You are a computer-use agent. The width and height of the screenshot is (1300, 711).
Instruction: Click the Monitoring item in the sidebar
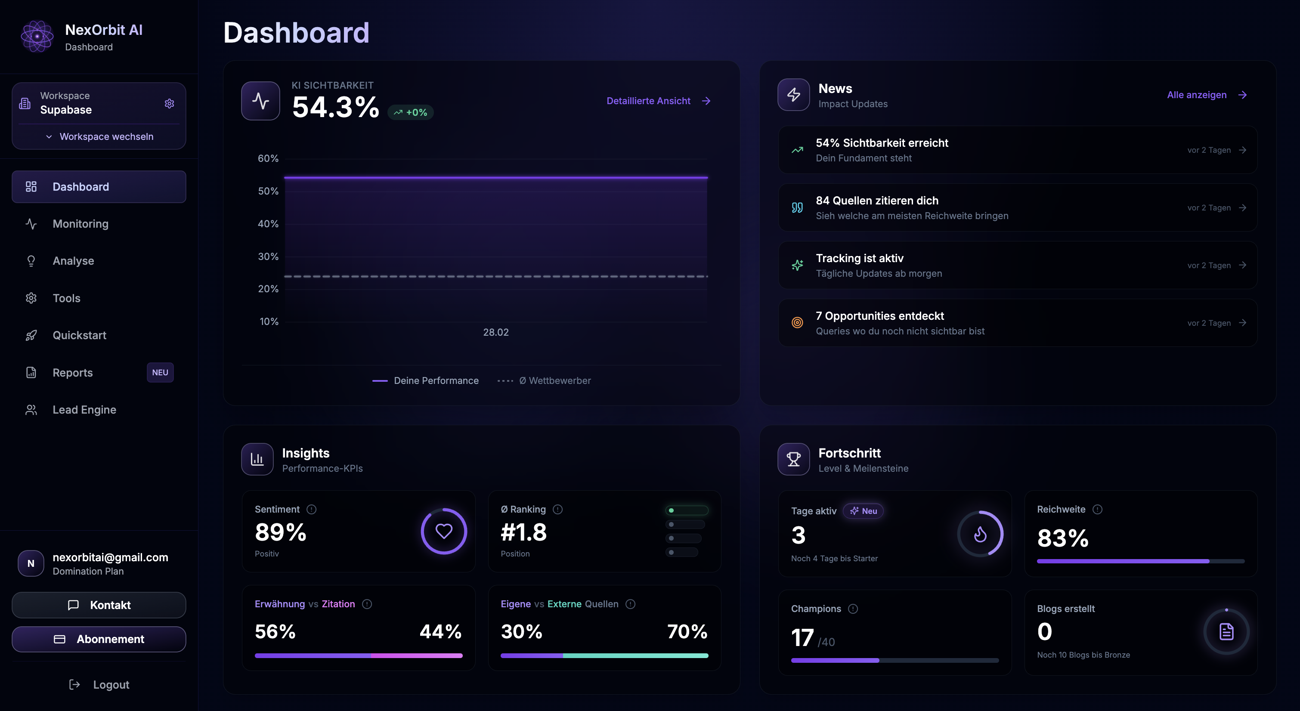(80, 223)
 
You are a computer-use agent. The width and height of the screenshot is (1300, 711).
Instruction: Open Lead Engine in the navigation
(84, 410)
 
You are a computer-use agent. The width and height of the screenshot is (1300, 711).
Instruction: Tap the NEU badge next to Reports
(160, 372)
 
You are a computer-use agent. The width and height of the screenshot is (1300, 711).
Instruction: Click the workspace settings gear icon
(170, 103)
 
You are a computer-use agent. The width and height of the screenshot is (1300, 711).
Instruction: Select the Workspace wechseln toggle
(99, 136)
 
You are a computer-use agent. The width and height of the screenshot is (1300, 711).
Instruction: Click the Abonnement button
(99, 639)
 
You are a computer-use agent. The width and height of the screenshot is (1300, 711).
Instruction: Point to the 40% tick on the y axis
(268, 223)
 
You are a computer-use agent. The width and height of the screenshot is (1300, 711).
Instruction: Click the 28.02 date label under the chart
(495, 332)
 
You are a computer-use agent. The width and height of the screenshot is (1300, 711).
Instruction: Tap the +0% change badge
(411, 112)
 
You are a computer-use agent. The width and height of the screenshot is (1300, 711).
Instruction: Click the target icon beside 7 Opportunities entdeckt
(797, 322)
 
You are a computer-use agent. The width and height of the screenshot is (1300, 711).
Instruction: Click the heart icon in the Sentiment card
(444, 531)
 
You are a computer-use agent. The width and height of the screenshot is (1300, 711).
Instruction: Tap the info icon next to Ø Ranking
(557, 509)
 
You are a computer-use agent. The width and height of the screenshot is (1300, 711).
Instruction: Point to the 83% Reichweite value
(1062, 538)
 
